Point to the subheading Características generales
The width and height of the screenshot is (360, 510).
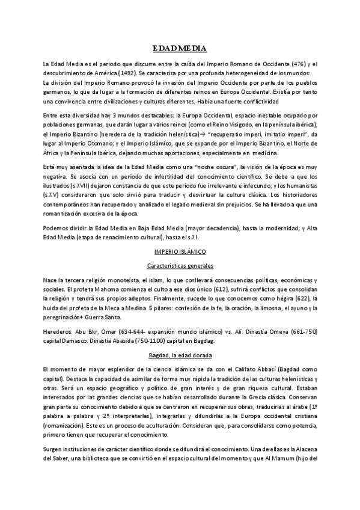[180, 265]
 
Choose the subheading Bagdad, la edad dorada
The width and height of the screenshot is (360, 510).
[180, 356]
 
